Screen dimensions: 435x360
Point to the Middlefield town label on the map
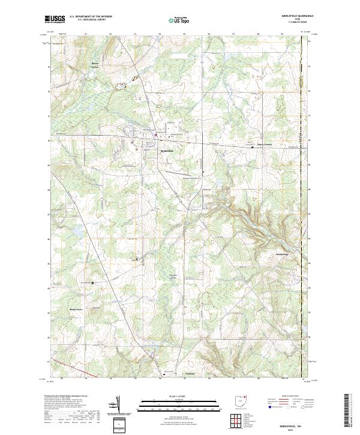[x=166, y=151]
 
